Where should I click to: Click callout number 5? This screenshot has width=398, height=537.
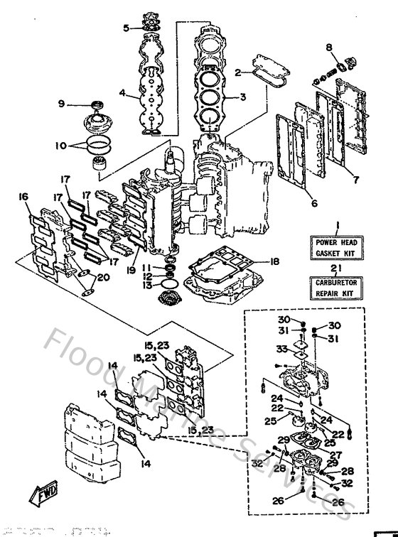pos(127,28)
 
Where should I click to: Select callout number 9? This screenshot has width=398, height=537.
pos(61,104)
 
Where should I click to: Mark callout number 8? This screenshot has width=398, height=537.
pos(329,47)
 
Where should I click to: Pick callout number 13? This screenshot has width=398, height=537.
pos(146,285)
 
